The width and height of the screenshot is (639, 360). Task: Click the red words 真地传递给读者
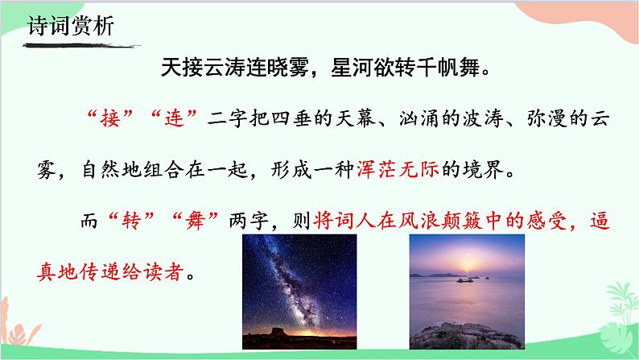111,267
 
